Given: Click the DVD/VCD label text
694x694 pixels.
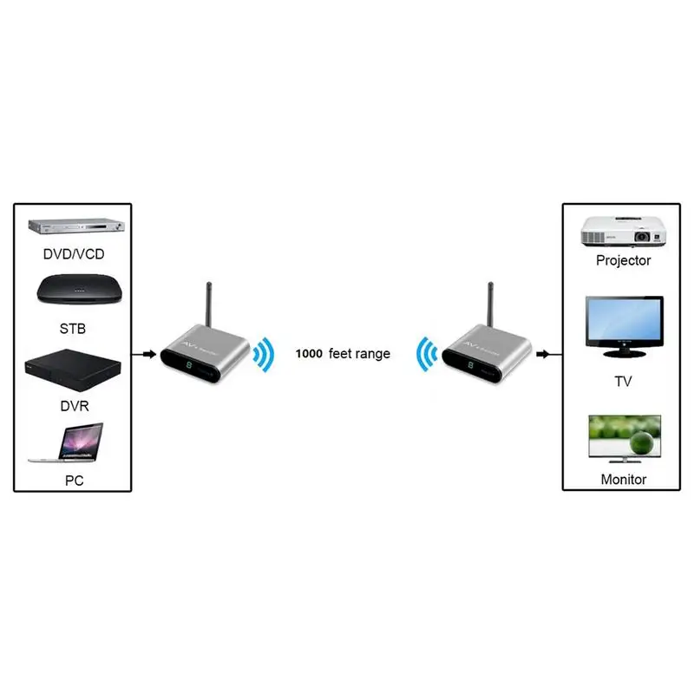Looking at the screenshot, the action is [74, 254].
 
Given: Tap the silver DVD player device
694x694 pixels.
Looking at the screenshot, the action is [76, 226].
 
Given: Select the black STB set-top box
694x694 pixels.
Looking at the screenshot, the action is [79, 289].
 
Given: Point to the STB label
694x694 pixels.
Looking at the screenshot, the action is [73, 329].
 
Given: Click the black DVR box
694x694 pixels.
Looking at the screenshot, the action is [73, 370].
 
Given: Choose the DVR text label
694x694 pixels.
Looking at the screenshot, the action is [75, 406].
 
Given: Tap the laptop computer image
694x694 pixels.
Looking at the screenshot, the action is [67, 442].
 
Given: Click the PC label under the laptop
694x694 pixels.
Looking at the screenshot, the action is [74, 481].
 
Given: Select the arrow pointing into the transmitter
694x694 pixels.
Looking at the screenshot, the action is [144, 354].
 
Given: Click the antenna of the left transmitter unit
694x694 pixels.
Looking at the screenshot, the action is [209, 304].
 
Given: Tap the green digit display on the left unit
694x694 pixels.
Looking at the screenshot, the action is [189, 365].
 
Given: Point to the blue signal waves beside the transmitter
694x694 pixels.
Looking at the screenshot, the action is [265, 355].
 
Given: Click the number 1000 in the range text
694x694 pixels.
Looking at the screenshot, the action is [309, 354].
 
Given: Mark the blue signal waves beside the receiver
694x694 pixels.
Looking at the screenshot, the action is [427, 354].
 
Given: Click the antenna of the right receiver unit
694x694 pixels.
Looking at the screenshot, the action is [490, 304].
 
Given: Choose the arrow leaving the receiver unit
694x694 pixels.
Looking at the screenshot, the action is [549, 354].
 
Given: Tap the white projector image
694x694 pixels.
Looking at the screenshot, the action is [624, 231].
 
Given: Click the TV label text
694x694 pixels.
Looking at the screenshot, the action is [623, 381].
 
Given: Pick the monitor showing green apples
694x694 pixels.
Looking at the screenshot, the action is [625, 439].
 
